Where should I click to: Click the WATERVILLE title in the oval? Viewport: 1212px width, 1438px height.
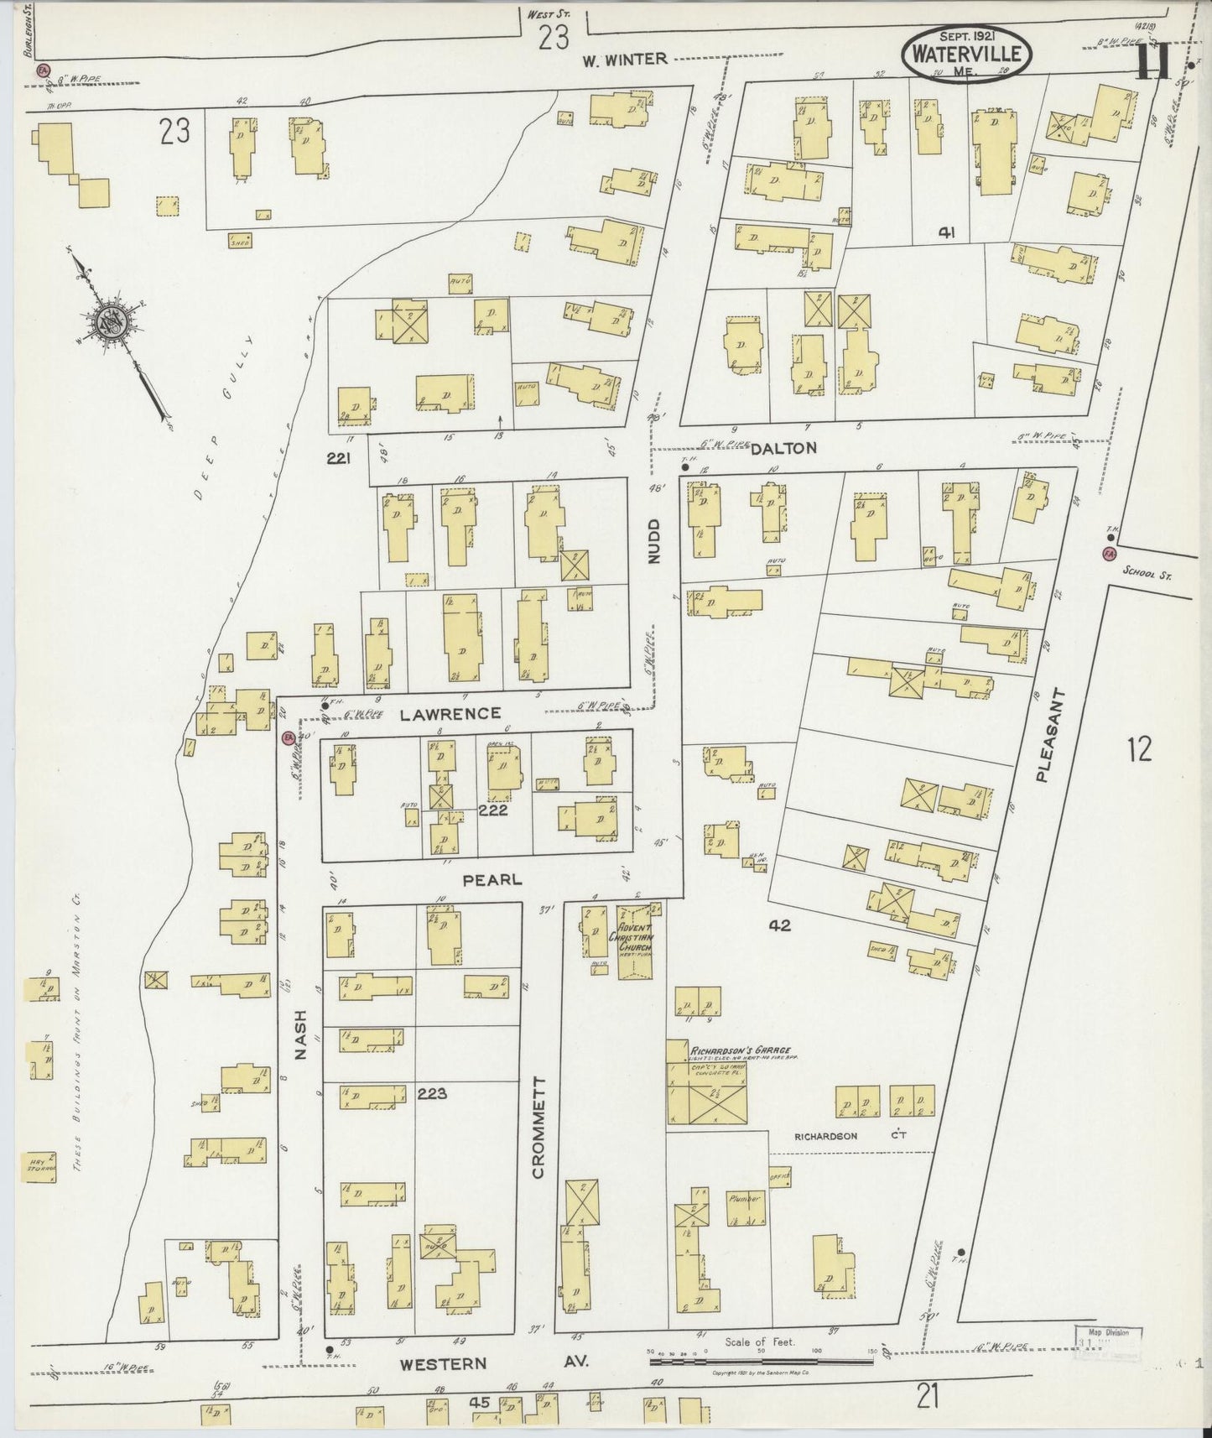[x=966, y=54]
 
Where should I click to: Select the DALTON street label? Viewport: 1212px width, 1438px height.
[x=783, y=448]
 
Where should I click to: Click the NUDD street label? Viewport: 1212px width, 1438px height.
[x=654, y=541]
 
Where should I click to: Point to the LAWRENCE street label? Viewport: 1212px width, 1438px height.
[x=450, y=713]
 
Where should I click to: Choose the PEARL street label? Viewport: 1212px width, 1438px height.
[x=492, y=879]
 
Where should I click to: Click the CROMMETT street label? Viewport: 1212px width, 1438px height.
[x=538, y=1127]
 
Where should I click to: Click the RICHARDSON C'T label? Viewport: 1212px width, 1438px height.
[x=850, y=1136]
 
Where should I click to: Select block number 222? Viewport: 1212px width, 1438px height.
[x=492, y=811]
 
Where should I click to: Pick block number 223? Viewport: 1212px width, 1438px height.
[x=434, y=1093]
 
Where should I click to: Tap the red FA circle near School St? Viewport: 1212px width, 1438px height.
[x=1110, y=554]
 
